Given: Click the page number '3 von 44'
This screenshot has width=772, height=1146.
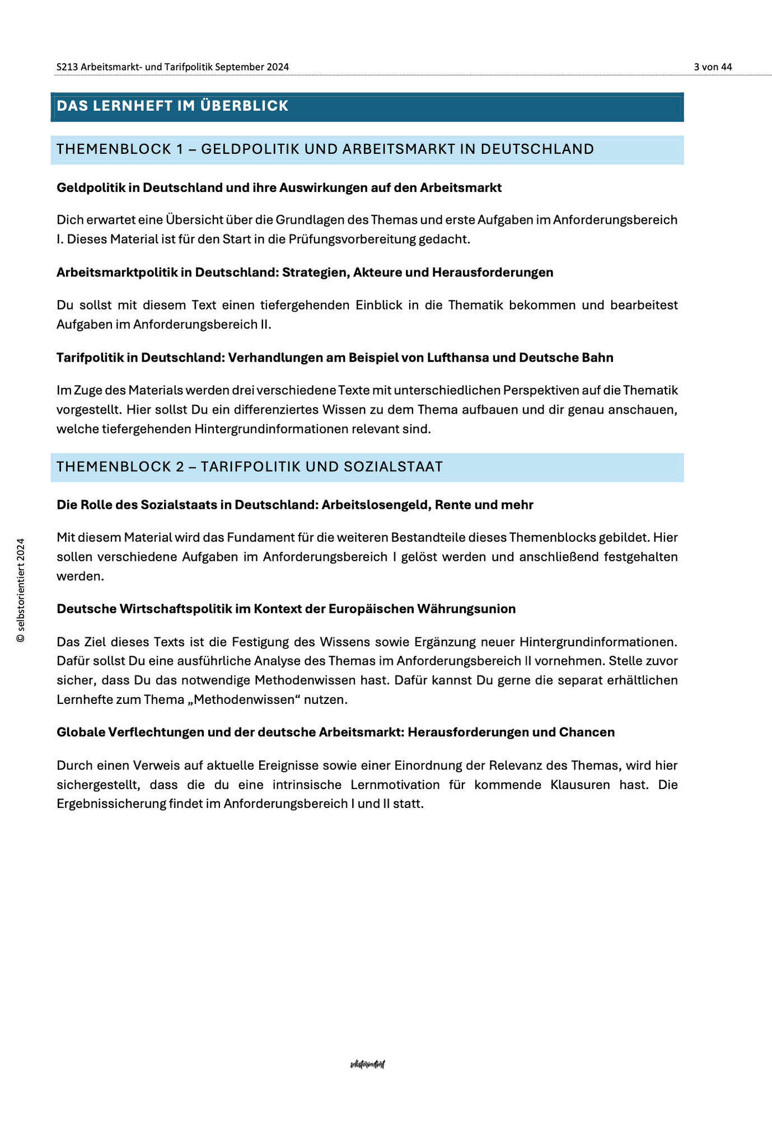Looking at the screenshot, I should [713, 67].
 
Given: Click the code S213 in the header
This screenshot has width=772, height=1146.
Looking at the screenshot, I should [67, 67].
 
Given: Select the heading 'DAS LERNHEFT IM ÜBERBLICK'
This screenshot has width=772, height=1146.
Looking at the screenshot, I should [172, 106].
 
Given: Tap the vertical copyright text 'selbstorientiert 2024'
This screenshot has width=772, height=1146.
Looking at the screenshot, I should [21, 590].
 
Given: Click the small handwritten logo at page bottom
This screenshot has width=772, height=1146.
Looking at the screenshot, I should [367, 1064].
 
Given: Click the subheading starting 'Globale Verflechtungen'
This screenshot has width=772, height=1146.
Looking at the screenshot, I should [335, 732].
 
